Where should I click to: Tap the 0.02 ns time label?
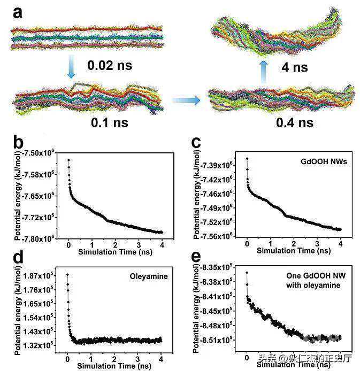click(109, 66)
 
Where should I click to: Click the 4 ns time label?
click(294, 68)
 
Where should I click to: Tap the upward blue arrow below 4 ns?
click(264, 69)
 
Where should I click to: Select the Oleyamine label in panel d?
click(145, 277)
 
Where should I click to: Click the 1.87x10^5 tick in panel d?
click(43, 275)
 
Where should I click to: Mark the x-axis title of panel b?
click(114, 251)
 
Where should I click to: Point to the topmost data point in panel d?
click(68, 275)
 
